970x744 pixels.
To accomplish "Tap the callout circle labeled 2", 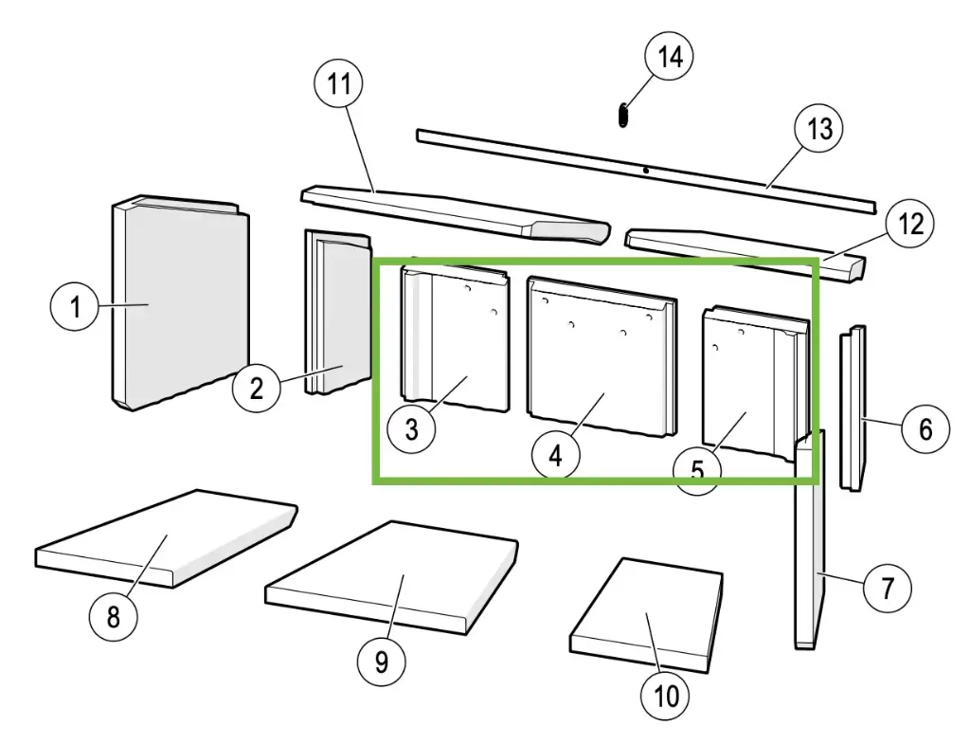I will click(x=256, y=388).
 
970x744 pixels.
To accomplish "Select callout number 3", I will click(x=411, y=427).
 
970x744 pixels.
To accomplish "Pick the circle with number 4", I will click(x=555, y=455).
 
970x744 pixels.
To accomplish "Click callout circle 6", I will click(x=924, y=428).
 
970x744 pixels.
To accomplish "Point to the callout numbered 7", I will click(x=887, y=588).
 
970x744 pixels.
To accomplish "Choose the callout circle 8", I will click(x=114, y=617).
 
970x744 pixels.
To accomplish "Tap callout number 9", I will click(x=382, y=659).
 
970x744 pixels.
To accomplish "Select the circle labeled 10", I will click(x=667, y=697).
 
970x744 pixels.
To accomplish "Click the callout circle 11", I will click(x=338, y=85).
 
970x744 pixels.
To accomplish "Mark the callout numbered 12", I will click(x=909, y=225).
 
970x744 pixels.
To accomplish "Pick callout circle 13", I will click(x=819, y=127).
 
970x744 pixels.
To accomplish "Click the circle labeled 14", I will click(x=670, y=56).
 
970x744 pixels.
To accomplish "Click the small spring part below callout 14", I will click(x=622, y=115).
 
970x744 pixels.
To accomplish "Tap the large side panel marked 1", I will click(x=180, y=303).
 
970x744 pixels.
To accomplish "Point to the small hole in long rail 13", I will click(x=645, y=171).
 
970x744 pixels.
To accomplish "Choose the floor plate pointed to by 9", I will click(x=393, y=578).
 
